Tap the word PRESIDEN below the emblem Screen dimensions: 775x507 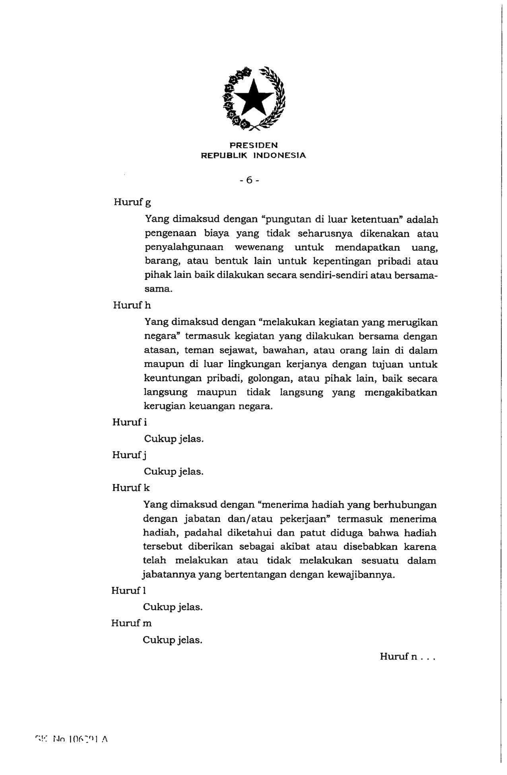[254, 145]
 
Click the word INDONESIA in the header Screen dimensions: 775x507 [280, 155]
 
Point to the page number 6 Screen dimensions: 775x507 [249, 180]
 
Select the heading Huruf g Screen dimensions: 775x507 [132, 202]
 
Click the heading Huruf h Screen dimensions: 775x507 [132, 305]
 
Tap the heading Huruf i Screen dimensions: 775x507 [129, 422]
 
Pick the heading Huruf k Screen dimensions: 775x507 [131, 488]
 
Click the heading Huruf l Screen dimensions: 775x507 [128, 591]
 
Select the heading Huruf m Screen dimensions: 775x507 [131, 623]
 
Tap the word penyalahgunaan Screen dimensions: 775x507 [184, 248]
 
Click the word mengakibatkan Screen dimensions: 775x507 [400, 393]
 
